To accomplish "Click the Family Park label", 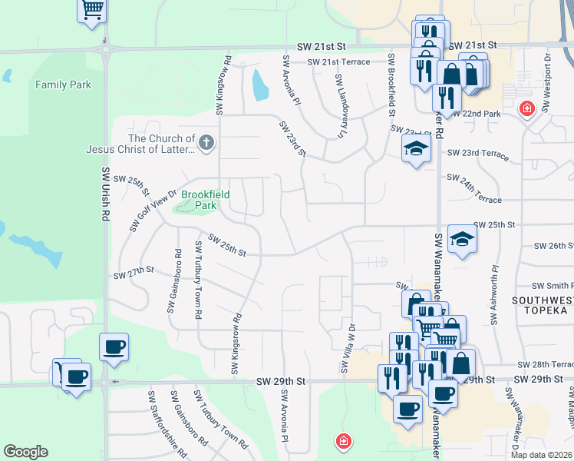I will point(63,85).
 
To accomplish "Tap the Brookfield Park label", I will point(205,200).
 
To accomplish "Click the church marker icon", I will point(206,142).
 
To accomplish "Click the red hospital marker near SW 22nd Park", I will point(526,108).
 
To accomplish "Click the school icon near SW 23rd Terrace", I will point(416,148).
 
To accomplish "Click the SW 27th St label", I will point(134,273).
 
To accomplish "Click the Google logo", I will point(25,452).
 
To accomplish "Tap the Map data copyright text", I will point(542,455).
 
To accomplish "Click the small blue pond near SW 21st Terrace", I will point(259,86).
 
